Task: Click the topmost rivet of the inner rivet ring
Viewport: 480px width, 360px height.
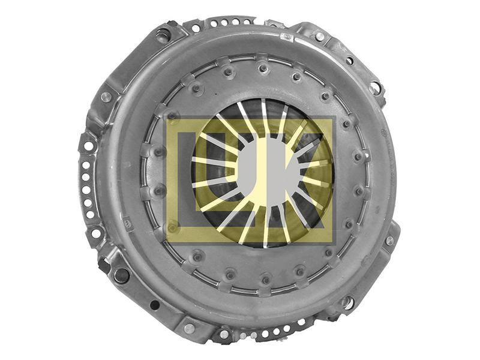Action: click(x=264, y=67)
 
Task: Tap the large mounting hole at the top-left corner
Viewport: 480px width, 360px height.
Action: click(x=163, y=35)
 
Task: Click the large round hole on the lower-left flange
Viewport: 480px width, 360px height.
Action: click(x=122, y=275)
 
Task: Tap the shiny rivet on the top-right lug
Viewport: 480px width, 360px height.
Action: click(x=320, y=37)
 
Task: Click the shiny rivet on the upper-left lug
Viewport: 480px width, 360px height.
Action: click(x=106, y=97)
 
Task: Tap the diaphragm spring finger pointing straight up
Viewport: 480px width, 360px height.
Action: click(x=264, y=118)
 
